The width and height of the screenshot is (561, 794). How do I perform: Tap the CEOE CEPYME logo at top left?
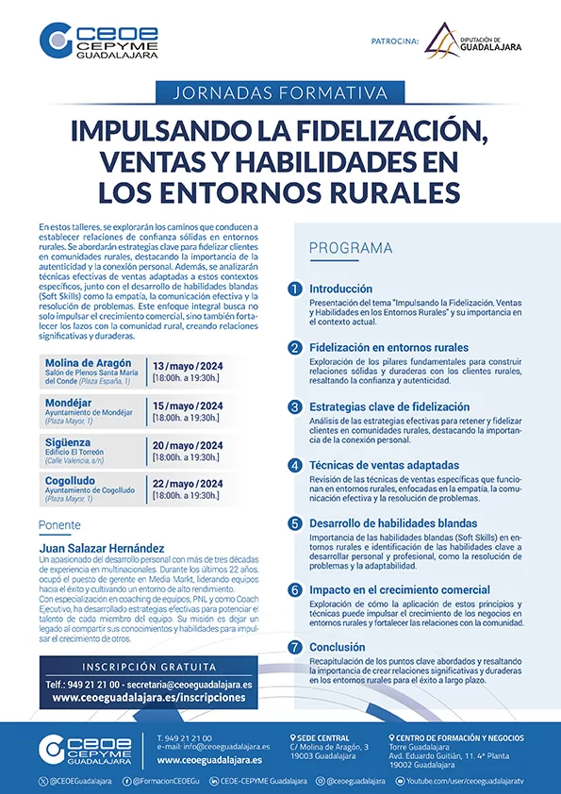pyautogui.click(x=98, y=42)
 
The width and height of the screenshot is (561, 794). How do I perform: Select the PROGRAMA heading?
pyautogui.click(x=351, y=248)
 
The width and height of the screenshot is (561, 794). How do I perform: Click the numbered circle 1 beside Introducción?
pyautogui.click(x=296, y=289)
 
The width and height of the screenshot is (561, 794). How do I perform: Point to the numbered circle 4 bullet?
pyautogui.click(x=296, y=465)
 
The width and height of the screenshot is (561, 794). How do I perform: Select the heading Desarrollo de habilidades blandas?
pyautogui.click(x=393, y=523)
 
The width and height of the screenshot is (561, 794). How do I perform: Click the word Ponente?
pyautogui.click(x=59, y=525)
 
